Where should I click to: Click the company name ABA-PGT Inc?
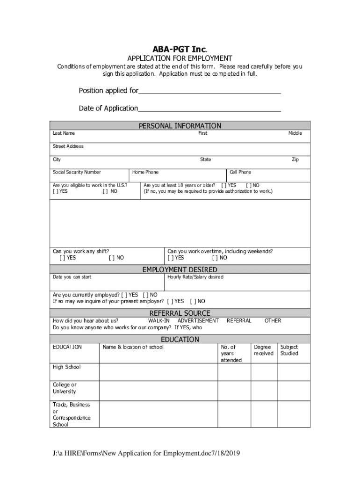click(x=180, y=49)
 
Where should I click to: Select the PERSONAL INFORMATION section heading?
click(x=180, y=126)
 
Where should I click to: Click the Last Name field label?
click(x=64, y=133)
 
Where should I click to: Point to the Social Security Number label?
click(x=77, y=172)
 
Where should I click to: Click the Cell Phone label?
click(x=240, y=172)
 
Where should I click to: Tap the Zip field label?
click(x=295, y=160)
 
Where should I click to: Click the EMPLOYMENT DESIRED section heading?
click(x=180, y=269)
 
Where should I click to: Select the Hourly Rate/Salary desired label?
click(x=195, y=277)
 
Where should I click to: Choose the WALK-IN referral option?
click(x=158, y=320)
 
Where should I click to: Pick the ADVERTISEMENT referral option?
click(x=198, y=320)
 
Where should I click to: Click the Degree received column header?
click(x=263, y=350)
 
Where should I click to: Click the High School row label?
click(x=66, y=367)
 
